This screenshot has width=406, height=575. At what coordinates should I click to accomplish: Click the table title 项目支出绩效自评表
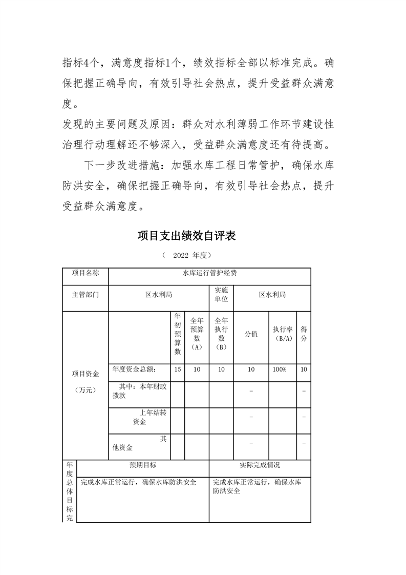click(186, 236)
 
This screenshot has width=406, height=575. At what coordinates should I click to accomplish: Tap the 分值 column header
click(251, 334)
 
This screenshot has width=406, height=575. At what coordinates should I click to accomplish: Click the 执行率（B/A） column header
click(283, 334)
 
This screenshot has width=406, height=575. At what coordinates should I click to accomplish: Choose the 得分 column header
click(304, 334)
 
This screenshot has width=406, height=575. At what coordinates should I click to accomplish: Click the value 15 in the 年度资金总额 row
click(178, 369)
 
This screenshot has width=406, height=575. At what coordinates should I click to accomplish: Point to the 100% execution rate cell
click(280, 369)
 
